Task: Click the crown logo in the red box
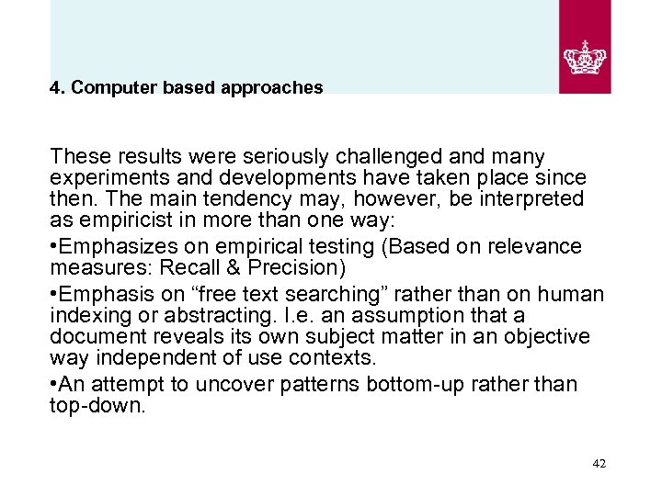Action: pyautogui.click(x=585, y=56)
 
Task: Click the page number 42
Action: pyautogui.click(x=599, y=464)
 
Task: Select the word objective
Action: pyautogui.click(x=542, y=338)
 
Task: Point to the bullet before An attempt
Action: pyautogui.click(x=54, y=384)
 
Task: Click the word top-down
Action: pyautogui.click(x=97, y=406)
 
